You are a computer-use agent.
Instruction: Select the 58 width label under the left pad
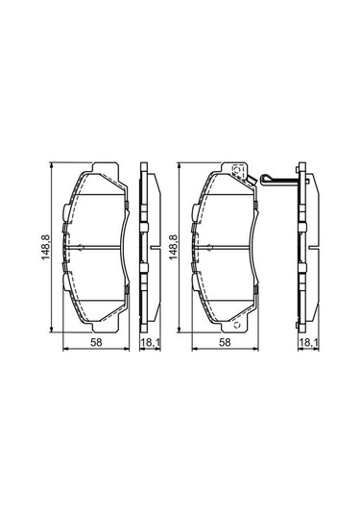tap(96, 342)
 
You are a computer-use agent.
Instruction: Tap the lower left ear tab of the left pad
tap(65, 285)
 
